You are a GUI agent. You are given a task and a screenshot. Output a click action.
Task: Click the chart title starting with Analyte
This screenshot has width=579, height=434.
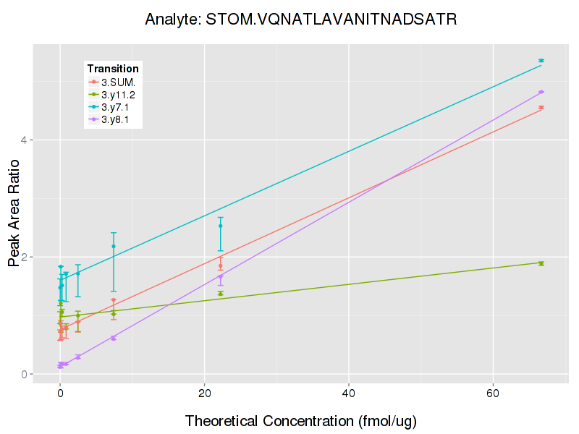pyautogui.click(x=300, y=20)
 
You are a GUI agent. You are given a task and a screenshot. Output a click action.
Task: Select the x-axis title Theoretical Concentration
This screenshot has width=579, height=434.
pyautogui.click(x=301, y=420)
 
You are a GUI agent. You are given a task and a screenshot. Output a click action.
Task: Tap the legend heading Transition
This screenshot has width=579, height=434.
pyautogui.click(x=113, y=69)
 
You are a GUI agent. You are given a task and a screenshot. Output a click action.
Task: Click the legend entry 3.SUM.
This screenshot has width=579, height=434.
pyautogui.click(x=118, y=82)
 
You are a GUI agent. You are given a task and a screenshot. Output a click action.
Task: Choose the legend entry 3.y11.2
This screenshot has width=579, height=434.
pyautogui.click(x=118, y=94)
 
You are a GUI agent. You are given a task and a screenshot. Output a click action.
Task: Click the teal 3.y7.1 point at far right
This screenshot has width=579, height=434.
pyautogui.click(x=541, y=61)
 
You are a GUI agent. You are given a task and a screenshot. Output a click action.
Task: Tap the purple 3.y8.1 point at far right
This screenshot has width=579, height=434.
pyautogui.click(x=541, y=92)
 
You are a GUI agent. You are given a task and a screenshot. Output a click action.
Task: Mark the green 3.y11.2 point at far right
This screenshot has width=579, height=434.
pyautogui.click(x=541, y=263)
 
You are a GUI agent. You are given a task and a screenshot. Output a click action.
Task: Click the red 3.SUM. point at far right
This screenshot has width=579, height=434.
pyautogui.click(x=541, y=108)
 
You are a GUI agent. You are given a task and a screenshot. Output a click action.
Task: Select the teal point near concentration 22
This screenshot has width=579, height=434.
pyautogui.click(x=221, y=226)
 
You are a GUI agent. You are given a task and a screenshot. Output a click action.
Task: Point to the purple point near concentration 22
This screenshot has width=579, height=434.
pyautogui.click(x=221, y=276)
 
